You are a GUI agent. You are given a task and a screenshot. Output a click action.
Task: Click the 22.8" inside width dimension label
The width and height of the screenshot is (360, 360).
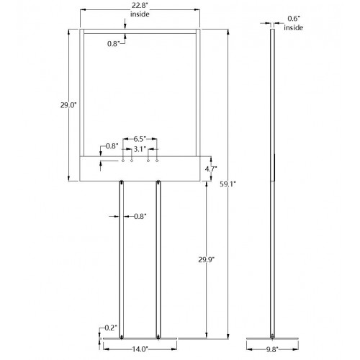pyautogui.click(x=140, y=10)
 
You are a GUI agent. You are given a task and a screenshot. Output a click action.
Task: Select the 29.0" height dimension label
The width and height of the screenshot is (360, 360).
pyautogui.click(x=68, y=105)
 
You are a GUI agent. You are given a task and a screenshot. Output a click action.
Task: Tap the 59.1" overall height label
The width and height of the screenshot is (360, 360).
pyautogui.click(x=228, y=184)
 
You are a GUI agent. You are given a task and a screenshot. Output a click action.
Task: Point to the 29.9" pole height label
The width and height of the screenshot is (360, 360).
pyautogui.click(x=207, y=259)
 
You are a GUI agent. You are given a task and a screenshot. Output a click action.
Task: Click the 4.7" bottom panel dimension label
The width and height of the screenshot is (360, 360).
pyautogui.click(x=211, y=168)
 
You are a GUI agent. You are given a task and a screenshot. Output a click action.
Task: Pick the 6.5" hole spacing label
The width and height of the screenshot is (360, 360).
pyautogui.click(x=140, y=139)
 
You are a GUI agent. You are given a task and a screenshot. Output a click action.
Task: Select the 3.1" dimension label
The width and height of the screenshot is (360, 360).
pyautogui.click(x=140, y=149)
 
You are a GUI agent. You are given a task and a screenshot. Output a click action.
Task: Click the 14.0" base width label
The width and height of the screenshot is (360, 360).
pyautogui.click(x=140, y=349)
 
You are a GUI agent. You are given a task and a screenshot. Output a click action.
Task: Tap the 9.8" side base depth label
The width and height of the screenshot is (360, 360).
pyautogui.click(x=272, y=349)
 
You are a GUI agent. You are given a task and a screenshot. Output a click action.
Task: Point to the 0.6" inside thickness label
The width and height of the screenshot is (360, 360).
pyautogui.click(x=293, y=23)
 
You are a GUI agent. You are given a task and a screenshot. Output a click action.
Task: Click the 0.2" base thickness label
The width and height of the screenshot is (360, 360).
pyautogui.click(x=111, y=328)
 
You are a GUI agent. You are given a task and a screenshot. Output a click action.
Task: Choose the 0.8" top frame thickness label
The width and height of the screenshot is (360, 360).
pyautogui.click(x=113, y=44)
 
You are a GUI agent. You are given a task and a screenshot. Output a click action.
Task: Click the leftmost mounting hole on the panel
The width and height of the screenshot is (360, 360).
pyautogui.click(x=123, y=161)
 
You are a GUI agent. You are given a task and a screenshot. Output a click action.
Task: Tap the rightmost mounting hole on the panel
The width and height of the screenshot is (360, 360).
pyautogui.click(x=157, y=161)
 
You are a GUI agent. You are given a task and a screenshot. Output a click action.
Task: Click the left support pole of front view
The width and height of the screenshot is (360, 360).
pyautogui.click(x=122, y=260)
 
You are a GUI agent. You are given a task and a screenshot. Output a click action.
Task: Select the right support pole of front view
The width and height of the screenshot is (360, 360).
pyautogui.click(x=158, y=260)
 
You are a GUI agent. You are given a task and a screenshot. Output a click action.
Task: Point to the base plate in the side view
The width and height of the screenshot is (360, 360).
pyautogui.click(x=273, y=339)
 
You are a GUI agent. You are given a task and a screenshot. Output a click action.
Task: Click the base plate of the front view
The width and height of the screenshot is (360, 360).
pyautogui.click(x=140, y=338)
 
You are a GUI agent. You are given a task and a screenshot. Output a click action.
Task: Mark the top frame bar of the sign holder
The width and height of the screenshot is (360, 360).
pyautogui.click(x=140, y=31)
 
